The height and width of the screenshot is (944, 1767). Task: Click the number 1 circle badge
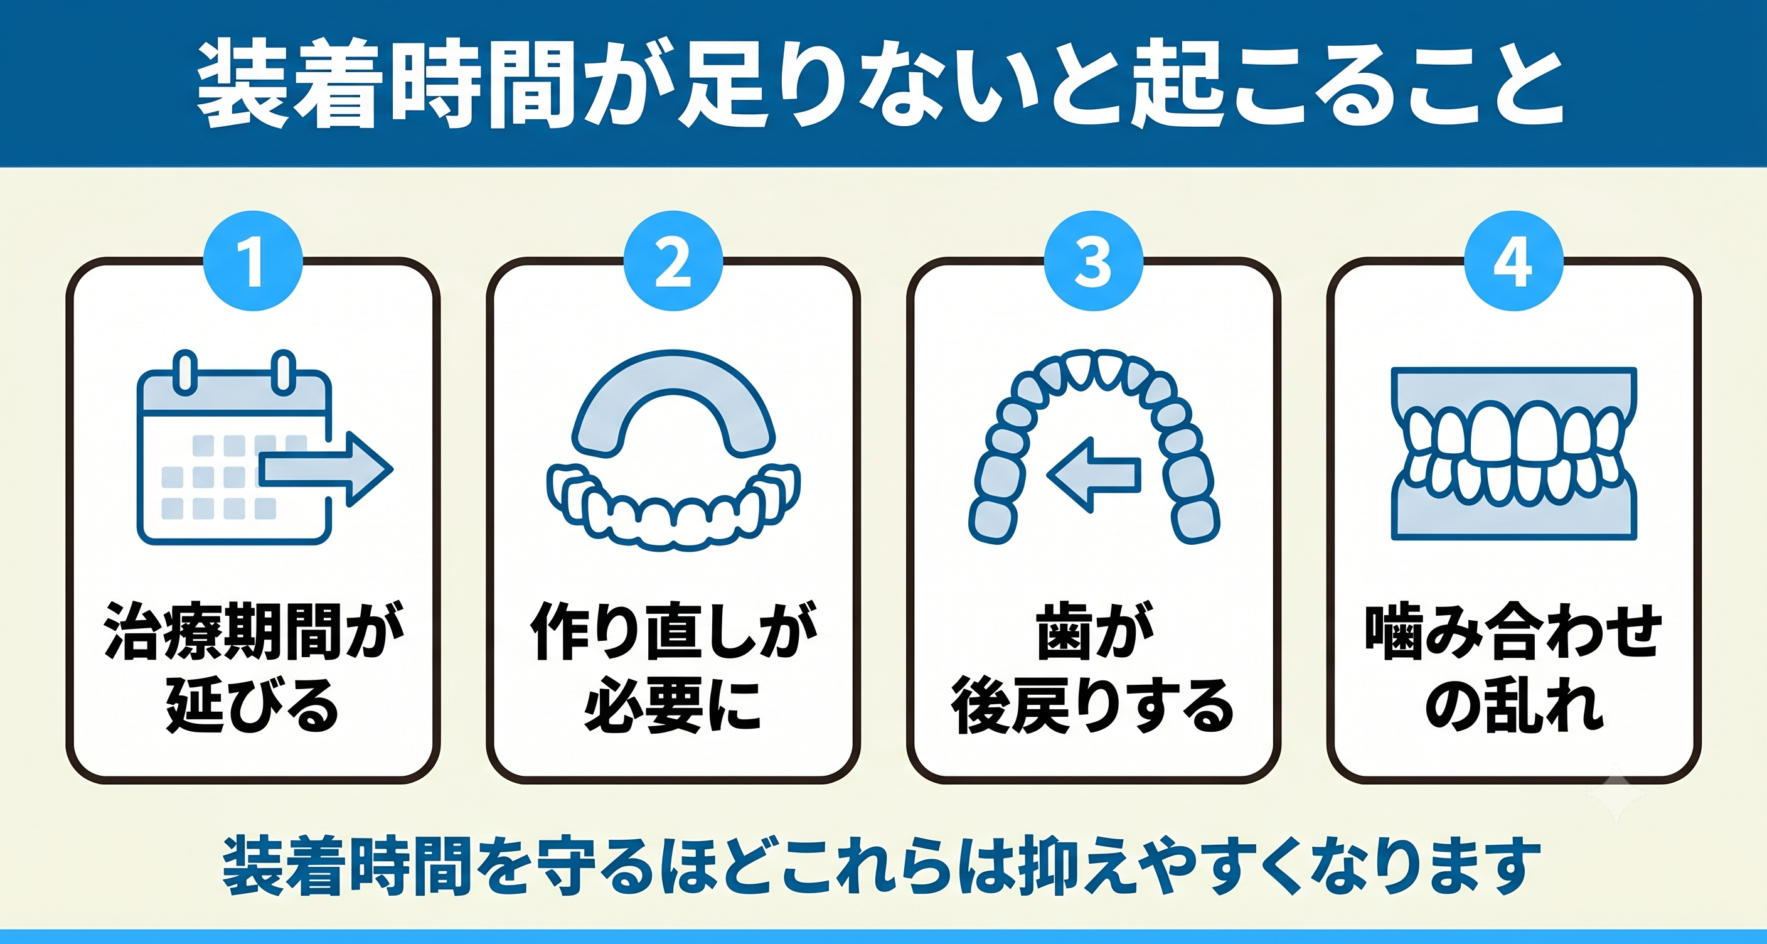pos(253,260)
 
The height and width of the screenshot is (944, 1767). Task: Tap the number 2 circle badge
pos(673,260)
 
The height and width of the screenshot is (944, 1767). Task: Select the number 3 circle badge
pos(1094,260)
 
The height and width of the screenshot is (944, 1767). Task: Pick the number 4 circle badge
pos(1514,260)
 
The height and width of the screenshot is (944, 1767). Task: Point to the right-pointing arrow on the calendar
pos(326,469)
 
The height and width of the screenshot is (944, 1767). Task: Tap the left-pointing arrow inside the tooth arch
pos(1094,475)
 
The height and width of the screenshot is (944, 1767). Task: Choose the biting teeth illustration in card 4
pos(1514,453)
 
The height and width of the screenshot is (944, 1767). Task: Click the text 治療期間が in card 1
pos(253,631)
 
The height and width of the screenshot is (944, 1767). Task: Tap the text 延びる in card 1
pos(253,705)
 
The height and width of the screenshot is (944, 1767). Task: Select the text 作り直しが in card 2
pos(673,631)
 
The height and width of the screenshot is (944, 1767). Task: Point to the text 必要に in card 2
pos(673,705)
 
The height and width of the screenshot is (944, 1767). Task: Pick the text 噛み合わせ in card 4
pos(1513,631)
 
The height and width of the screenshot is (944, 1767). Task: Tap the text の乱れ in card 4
pos(1513,705)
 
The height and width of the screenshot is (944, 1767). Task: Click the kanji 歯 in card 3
pos(1064,631)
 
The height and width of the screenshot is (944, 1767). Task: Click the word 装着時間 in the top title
pos(386,83)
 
